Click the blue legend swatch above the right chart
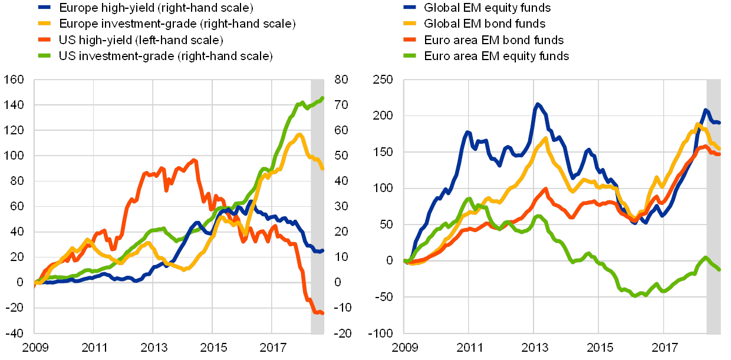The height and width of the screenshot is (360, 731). pos(410,8)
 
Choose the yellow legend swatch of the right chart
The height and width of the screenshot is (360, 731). pos(410,24)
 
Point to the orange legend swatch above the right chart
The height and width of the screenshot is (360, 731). pos(410,40)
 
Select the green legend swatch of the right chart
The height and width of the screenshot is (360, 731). pos(410,56)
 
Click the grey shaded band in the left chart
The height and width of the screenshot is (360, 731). pos(318,206)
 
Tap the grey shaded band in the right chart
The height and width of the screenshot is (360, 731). pos(713,206)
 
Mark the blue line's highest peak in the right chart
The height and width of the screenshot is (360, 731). pos(537,104)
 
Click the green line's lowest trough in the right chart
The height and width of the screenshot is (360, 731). pos(635,295)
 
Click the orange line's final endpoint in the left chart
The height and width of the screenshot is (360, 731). pos(322,313)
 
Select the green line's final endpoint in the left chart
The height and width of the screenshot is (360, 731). pos(322,98)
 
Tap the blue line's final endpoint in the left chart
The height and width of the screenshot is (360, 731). pos(322,251)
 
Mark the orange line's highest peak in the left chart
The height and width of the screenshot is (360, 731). pos(195,160)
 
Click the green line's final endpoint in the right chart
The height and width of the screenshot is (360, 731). pos(719,269)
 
